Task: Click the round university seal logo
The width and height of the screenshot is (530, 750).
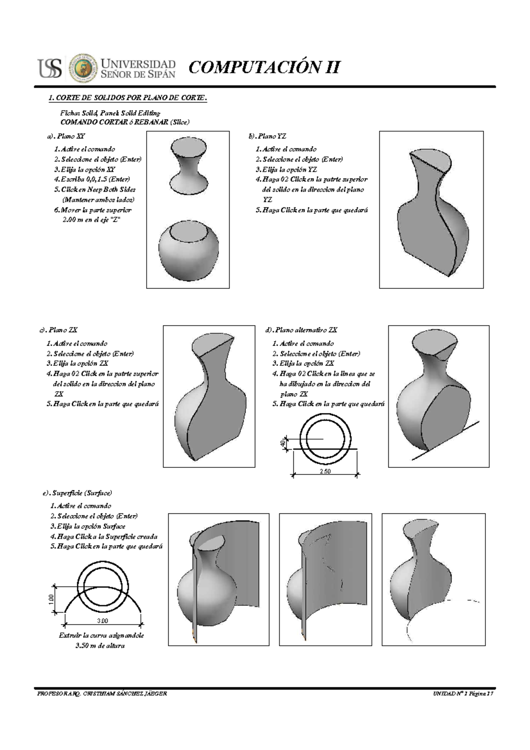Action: (83, 68)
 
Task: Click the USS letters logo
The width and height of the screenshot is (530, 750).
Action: (50, 68)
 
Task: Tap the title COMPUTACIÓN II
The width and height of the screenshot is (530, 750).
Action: (264, 67)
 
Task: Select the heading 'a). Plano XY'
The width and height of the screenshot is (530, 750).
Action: (66, 136)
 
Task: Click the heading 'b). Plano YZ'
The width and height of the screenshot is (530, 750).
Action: (267, 136)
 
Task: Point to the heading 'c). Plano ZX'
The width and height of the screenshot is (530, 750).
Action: (59, 330)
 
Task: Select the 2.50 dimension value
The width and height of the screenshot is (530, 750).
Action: (325, 471)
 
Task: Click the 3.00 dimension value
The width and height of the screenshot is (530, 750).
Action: (102, 621)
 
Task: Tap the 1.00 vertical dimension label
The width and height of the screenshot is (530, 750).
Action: (51, 599)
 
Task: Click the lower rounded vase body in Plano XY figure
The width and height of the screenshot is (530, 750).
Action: (188, 252)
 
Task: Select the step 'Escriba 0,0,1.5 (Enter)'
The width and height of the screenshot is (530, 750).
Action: (92, 179)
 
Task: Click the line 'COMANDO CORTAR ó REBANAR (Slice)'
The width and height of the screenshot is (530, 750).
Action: (125, 122)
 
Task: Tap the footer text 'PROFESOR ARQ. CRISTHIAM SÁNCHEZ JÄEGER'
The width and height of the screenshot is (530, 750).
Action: (102, 694)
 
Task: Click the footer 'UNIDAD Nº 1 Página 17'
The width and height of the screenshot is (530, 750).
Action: (462, 694)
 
